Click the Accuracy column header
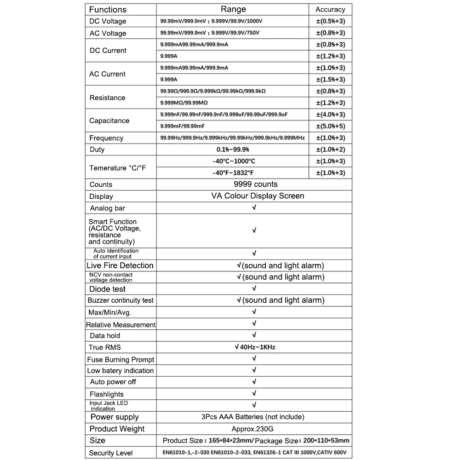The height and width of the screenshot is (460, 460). pos(330,9)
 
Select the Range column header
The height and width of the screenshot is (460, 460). pos(233,9)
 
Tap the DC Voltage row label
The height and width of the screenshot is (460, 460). pos(108,21)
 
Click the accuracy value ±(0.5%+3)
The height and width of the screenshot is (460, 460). pos(330,21)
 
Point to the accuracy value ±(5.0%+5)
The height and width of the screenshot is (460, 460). pos(330,126)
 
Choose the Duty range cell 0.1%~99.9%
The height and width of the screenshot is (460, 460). pos(233,149)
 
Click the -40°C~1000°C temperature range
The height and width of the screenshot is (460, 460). pos(234,161)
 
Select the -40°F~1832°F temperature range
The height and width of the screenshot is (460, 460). pos(234,172)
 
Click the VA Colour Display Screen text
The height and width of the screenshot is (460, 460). pos(258,196)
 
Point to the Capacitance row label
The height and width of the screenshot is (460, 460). pos(109,121)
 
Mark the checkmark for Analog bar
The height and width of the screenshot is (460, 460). pos(254,207)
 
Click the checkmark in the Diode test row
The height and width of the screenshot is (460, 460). pos(254,288)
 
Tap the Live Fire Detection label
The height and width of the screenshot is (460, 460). pos(120,265)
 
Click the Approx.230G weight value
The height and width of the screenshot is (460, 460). pos(254,429)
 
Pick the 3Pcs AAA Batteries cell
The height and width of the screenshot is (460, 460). pos(253,417)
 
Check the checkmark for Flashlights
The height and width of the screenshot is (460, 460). pos(254,394)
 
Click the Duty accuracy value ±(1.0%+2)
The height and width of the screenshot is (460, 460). pos(330,149)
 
